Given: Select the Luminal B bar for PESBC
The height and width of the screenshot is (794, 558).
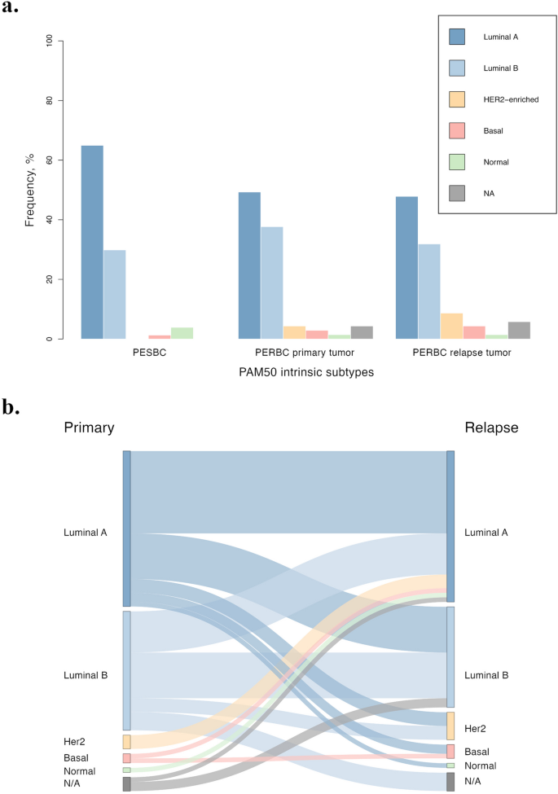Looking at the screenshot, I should tap(115, 294).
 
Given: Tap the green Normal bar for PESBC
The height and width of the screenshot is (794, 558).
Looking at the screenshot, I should tap(182, 333).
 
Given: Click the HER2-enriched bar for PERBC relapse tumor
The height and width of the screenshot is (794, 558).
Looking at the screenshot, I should tap(451, 326).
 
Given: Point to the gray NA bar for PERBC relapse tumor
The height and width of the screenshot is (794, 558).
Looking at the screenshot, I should tap(519, 330).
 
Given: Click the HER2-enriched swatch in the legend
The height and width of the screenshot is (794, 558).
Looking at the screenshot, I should tap(457, 99).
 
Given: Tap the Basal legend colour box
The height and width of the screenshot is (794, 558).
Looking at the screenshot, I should tap(457, 130).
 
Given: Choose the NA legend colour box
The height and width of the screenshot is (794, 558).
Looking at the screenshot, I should tap(457, 193).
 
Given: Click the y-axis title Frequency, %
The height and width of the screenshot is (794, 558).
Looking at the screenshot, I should tap(30, 190).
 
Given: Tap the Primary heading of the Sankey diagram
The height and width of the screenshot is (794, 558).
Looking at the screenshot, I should tap(89, 428).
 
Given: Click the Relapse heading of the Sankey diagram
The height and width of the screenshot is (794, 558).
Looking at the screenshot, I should tap(490, 428).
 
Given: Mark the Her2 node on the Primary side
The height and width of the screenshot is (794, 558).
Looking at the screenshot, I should tap(127, 741).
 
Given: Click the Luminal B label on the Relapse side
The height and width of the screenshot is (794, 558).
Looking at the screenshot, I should tap(486, 676).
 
